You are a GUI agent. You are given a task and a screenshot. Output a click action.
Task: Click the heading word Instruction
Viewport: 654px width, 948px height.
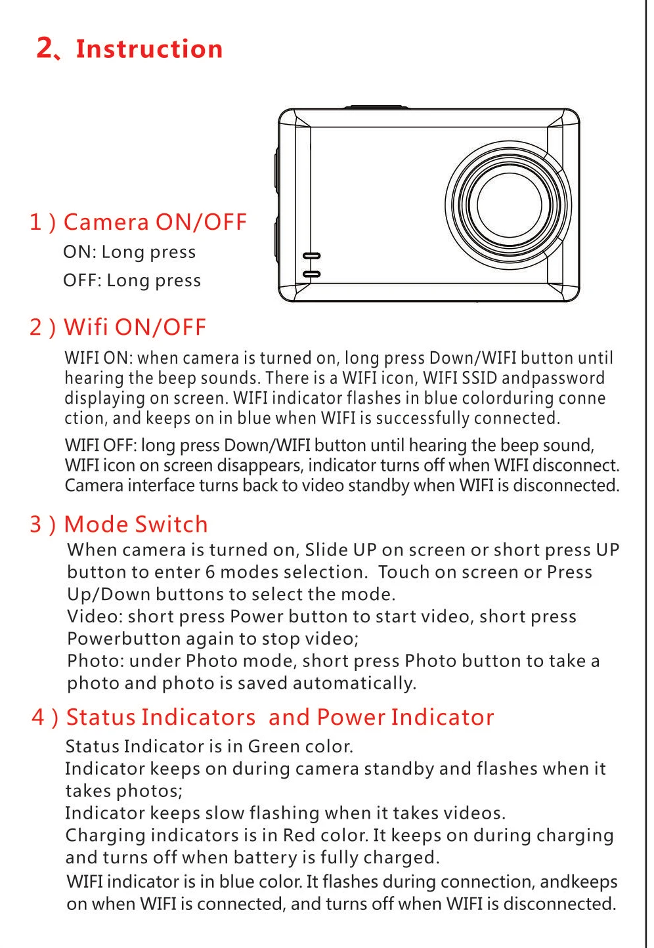(149, 49)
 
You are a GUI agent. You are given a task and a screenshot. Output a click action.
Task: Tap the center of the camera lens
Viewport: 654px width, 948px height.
(509, 205)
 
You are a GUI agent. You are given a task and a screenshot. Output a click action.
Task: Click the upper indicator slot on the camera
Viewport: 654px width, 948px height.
(311, 256)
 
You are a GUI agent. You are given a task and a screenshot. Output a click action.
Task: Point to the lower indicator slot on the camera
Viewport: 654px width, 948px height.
(311, 274)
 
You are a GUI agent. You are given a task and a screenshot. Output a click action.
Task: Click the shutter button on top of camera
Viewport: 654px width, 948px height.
(376, 107)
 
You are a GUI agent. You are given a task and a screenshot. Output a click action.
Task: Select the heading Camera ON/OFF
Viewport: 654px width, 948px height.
(155, 222)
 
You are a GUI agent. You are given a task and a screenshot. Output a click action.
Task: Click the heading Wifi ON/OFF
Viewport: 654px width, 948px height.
(135, 327)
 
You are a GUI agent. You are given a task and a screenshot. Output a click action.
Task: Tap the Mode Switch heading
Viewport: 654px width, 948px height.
(135, 525)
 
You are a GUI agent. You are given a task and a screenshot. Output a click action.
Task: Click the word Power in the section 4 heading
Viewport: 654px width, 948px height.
(351, 718)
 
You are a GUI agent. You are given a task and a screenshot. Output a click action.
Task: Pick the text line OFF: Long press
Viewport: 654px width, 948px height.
(131, 281)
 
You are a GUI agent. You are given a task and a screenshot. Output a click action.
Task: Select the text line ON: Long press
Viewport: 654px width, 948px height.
(129, 252)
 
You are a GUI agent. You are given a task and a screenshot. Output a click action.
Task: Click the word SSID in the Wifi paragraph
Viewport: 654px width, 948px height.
(479, 378)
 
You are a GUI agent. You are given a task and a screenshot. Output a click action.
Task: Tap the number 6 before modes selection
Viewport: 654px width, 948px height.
(210, 572)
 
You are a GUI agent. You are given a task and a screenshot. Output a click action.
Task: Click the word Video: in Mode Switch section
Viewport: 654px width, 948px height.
(95, 616)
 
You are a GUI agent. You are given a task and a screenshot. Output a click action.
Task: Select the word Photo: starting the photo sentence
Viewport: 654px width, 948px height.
(96, 661)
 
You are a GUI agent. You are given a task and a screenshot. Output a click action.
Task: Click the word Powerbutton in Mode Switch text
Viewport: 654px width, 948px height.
(123, 639)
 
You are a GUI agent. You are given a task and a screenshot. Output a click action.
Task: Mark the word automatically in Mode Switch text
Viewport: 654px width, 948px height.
(355, 684)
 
